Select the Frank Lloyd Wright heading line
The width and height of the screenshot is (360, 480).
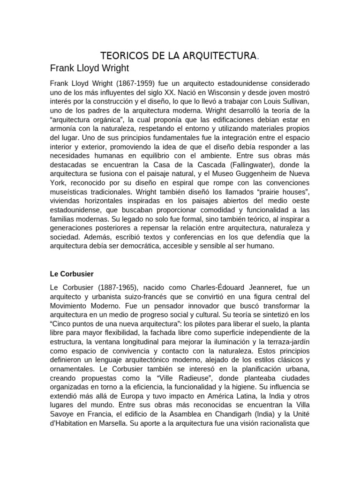[x=89, y=68]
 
